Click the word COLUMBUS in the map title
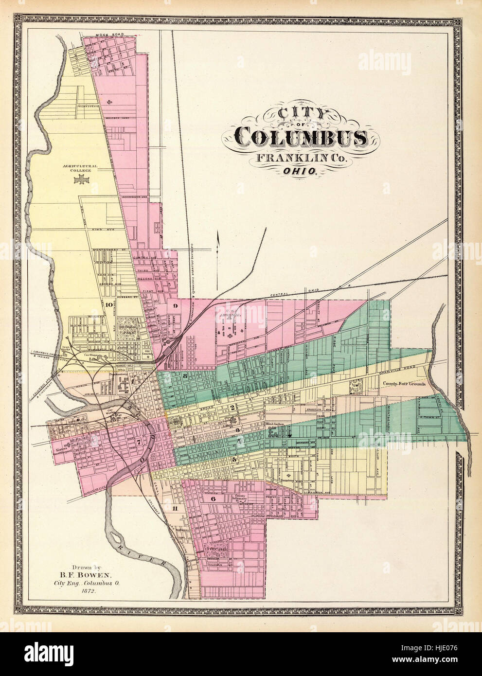pos(301,138)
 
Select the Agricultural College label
pos(80,168)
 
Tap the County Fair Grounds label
pos(404,384)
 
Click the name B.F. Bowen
pos(92,574)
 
